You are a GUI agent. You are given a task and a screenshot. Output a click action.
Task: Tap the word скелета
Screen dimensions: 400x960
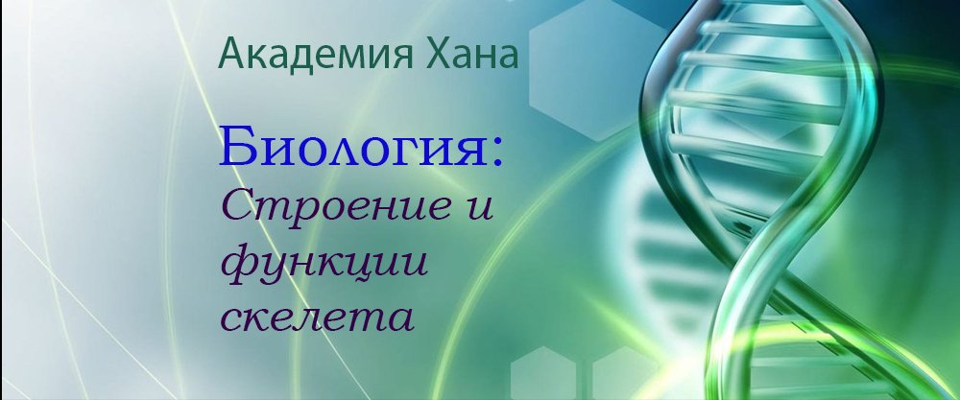[317, 317]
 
